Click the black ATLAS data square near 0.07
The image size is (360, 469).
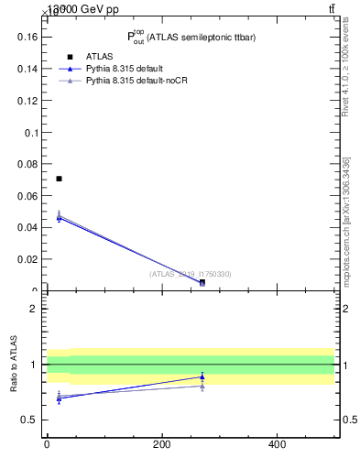59,179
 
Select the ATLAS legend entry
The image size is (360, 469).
99,57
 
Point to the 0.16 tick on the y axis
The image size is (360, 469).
27,38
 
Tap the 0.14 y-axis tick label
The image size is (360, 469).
27,69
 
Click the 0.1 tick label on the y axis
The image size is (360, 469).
31,132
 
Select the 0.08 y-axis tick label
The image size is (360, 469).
27,164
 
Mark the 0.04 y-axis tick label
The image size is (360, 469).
27,227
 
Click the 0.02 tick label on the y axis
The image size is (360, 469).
27,259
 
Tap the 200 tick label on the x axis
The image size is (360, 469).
161,445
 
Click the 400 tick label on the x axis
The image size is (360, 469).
276,445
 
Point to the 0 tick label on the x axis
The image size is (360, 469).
47,445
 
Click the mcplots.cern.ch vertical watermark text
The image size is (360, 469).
347,220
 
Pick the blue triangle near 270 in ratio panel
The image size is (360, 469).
202,376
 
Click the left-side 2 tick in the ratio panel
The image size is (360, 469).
34,309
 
